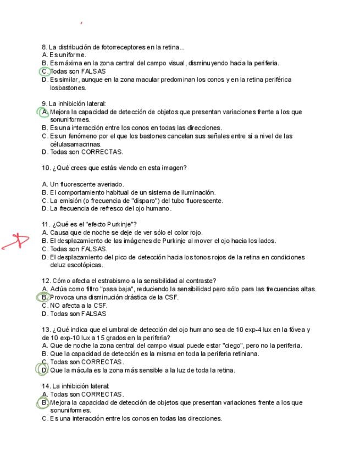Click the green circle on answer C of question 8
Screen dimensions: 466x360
(45, 71)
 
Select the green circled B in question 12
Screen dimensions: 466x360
(44, 297)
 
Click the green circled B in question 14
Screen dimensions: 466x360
(45, 403)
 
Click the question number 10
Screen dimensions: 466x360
(46, 168)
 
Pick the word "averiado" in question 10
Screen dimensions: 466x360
(112, 184)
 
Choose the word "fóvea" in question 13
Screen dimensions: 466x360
(291, 330)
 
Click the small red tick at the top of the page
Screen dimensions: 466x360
(81, 23)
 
